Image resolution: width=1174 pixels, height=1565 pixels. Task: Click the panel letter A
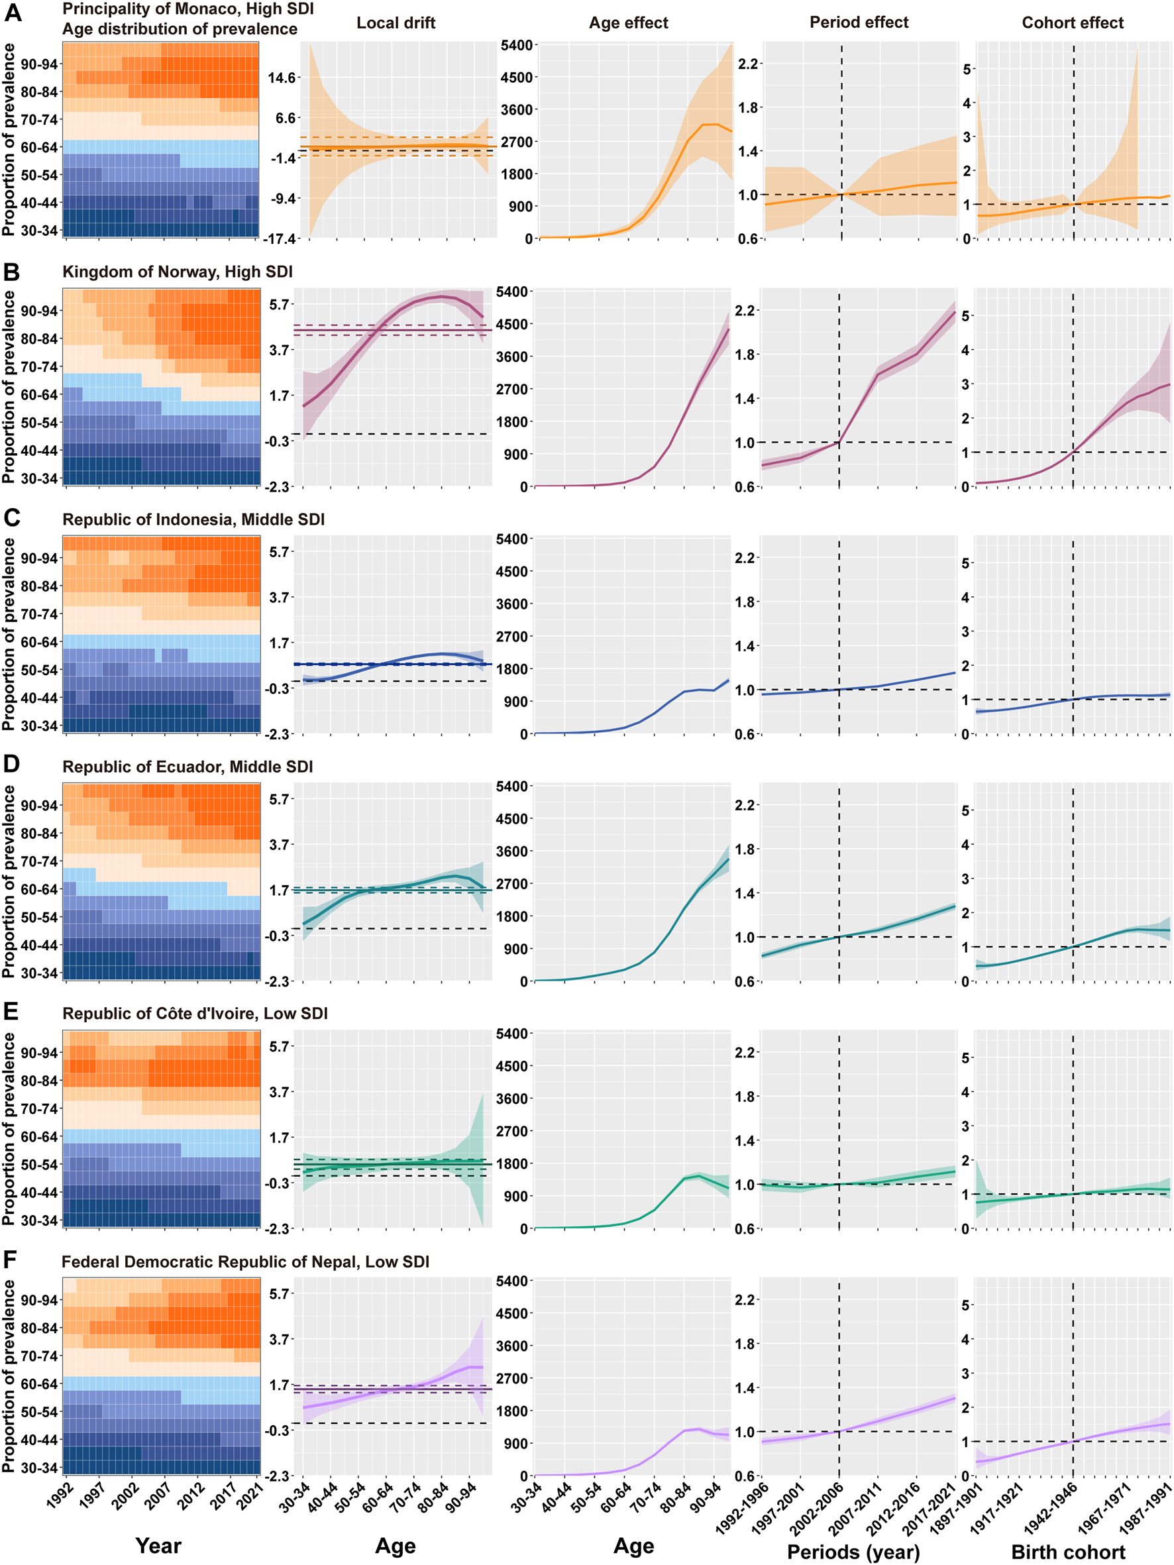point(13,12)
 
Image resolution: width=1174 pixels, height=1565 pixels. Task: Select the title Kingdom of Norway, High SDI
point(177,272)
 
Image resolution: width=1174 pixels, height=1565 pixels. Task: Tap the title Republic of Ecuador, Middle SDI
point(187,767)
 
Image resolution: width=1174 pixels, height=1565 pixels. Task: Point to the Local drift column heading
point(396,23)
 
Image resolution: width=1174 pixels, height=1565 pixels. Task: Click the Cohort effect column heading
point(1072,23)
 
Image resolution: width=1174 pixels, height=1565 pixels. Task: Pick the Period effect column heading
point(859,23)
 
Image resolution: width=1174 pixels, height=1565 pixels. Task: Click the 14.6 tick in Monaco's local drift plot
point(281,78)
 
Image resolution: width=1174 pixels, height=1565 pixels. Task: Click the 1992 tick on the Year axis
point(60,1493)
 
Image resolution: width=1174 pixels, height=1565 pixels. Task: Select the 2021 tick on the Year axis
point(249,1495)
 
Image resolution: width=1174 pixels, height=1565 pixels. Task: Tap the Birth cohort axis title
point(1067,1552)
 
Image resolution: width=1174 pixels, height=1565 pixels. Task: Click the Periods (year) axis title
point(853,1552)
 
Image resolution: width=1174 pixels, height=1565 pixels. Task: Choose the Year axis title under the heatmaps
point(158,1545)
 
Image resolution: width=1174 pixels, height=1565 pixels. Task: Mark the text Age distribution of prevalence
point(180,29)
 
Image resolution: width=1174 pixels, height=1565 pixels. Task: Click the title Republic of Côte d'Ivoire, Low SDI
point(195,1013)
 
